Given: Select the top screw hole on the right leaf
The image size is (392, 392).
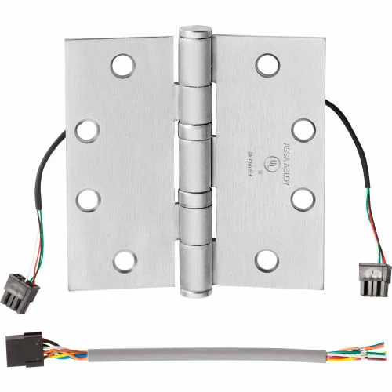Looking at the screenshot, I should pyautogui.click(x=267, y=64).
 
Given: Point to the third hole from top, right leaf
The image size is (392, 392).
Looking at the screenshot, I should pyautogui.click(x=302, y=198).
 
